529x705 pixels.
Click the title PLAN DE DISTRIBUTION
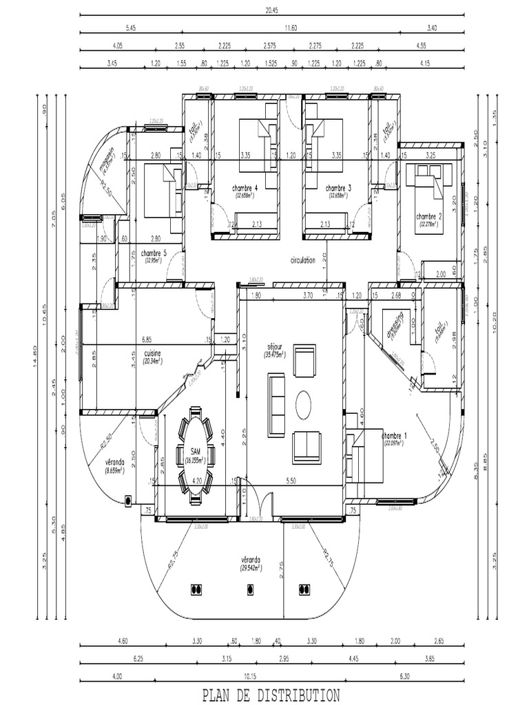click(271, 695)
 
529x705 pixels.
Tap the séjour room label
click(275, 348)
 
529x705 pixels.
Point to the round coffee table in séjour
click(304, 405)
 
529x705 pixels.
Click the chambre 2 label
click(429, 218)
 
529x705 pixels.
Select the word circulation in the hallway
click(303, 261)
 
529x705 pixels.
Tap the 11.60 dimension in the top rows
click(291, 28)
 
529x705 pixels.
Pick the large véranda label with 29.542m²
click(253, 564)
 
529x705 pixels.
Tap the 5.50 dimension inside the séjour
click(291, 481)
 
